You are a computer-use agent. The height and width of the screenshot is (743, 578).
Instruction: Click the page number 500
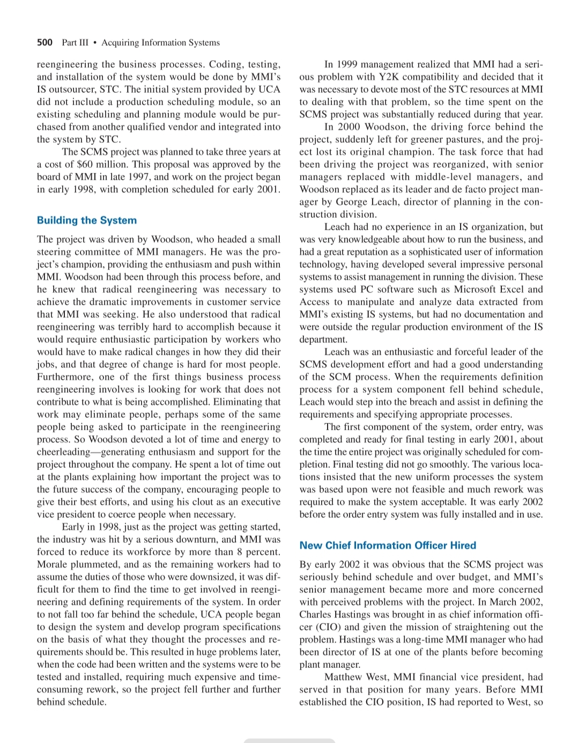[x=45, y=42]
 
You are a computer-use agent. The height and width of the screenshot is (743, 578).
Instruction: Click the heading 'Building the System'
[x=87, y=220]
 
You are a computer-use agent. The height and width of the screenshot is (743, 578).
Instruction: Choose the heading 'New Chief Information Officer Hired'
[x=388, y=545]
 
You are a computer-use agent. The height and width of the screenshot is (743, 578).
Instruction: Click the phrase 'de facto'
[x=460, y=189]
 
